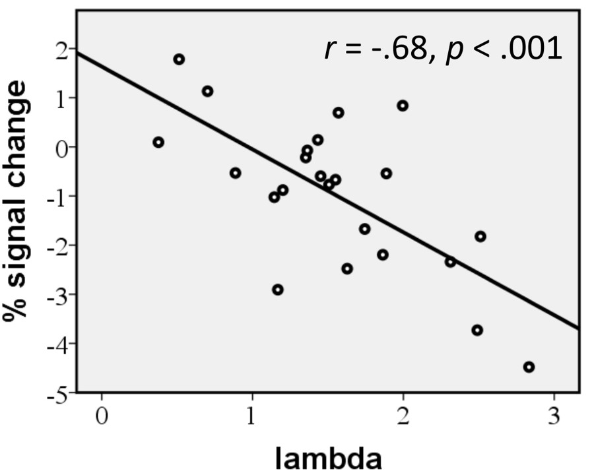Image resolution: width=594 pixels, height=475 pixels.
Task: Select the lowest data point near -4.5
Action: pos(529,367)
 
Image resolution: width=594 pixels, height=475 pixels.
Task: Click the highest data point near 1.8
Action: pos(179,59)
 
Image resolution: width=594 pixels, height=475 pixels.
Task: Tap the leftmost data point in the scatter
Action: pos(158,142)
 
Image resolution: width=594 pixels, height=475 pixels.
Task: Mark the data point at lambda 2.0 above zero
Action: pos(403,106)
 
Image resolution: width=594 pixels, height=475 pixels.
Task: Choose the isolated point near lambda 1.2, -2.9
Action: pos(278,290)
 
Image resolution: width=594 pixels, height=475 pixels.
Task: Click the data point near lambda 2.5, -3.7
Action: pos(477,330)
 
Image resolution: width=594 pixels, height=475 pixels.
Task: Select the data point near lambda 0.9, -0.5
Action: pos(236,173)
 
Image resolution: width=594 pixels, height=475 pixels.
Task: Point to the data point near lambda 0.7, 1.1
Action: pos(207,91)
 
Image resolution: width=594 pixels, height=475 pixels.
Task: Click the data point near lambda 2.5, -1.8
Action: pos(480,236)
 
